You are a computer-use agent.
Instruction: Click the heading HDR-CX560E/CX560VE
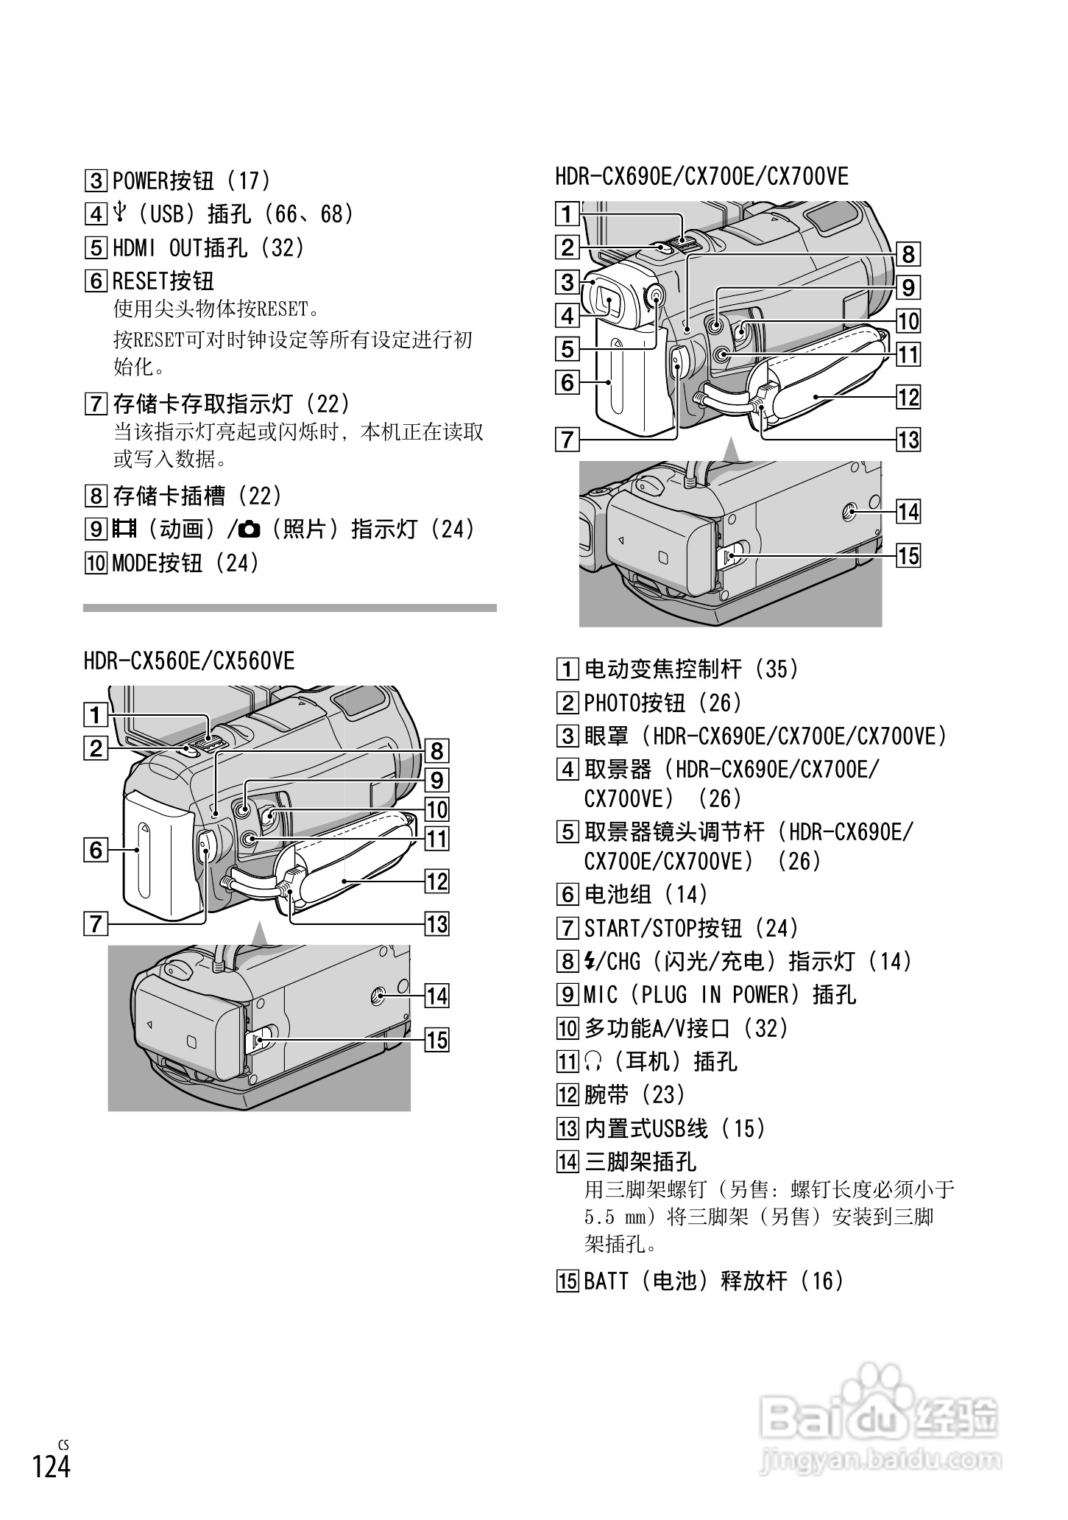click(x=188, y=661)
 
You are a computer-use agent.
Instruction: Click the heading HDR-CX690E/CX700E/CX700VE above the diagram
click(x=701, y=176)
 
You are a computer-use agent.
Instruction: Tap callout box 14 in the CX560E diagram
click(x=436, y=996)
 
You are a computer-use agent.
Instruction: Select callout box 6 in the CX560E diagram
click(x=96, y=851)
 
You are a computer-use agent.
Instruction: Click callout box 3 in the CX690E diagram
click(x=567, y=282)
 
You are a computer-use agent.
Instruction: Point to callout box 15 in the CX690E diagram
click(x=908, y=555)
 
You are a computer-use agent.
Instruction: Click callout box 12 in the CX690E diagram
click(x=908, y=398)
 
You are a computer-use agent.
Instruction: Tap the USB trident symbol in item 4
click(x=121, y=214)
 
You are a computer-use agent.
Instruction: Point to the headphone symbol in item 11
click(x=593, y=1061)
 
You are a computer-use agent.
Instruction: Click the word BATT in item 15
click(x=607, y=1281)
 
